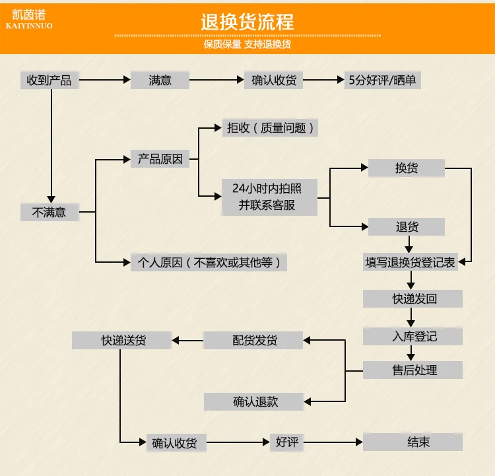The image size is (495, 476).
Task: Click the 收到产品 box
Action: [x=49, y=81]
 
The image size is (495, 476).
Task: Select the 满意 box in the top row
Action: [x=160, y=81]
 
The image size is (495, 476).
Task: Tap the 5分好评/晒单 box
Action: [x=383, y=81]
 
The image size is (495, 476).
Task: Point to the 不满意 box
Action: [x=49, y=212]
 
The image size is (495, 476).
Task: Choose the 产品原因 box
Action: [x=160, y=159]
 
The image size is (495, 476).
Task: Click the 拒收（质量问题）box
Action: [x=270, y=128]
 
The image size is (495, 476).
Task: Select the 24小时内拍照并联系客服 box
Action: [x=269, y=197]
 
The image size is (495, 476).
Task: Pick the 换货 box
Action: [x=407, y=168]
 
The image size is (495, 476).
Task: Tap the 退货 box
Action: [x=407, y=227]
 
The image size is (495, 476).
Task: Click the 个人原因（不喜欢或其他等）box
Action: [x=209, y=262]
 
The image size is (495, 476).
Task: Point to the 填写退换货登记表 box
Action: [x=410, y=262]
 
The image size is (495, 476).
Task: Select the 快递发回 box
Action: [x=412, y=299]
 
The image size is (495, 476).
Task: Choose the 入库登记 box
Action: [x=412, y=337]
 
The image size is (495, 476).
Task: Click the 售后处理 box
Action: [x=412, y=370]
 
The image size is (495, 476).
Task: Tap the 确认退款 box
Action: [x=253, y=402]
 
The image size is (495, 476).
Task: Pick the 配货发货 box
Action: [x=253, y=340]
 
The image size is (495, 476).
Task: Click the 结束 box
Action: [x=412, y=442]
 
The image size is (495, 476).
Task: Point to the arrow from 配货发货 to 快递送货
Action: [x=188, y=341]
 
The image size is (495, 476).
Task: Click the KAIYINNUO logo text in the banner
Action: [x=29, y=26]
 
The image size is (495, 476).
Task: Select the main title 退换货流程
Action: [x=247, y=22]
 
